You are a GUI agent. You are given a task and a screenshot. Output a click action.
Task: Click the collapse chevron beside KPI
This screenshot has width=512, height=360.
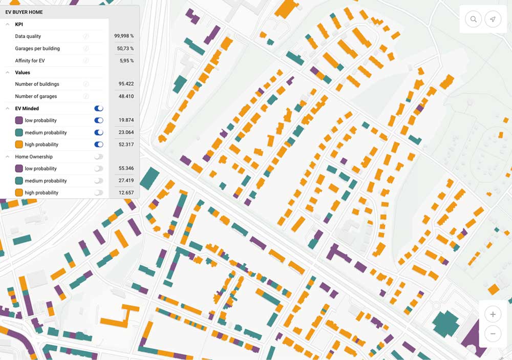(8, 24)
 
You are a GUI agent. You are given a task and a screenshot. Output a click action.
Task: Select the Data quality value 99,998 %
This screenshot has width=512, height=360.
(124, 36)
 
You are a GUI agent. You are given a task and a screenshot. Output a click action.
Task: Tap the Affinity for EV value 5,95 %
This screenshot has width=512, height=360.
(126, 60)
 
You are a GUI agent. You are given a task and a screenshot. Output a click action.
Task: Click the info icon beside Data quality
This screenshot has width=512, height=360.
(86, 36)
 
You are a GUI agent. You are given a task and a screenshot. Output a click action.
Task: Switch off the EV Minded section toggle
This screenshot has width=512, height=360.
(99, 109)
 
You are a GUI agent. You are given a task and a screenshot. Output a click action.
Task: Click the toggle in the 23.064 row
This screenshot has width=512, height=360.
(99, 133)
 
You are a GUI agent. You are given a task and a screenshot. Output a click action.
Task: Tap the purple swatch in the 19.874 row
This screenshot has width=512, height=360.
(19, 120)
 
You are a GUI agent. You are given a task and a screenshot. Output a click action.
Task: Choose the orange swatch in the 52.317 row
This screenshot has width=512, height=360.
(19, 144)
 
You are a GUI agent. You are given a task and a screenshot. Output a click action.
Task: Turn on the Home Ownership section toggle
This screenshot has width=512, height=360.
(99, 157)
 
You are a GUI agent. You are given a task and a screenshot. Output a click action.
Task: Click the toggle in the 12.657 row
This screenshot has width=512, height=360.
(99, 193)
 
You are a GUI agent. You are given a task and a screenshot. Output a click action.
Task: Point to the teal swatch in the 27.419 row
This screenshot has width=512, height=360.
(19, 181)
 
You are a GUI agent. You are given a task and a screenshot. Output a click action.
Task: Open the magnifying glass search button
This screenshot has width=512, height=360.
(474, 19)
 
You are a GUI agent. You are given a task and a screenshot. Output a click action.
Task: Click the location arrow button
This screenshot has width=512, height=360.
(493, 19)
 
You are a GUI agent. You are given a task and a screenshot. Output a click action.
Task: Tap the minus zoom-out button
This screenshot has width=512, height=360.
(493, 333)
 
